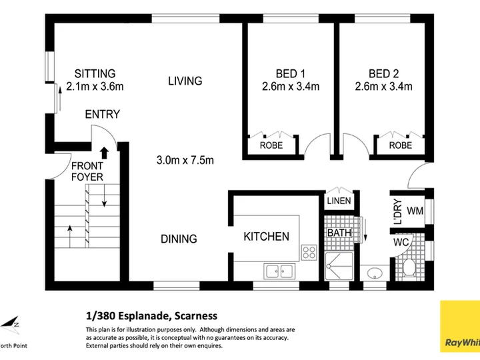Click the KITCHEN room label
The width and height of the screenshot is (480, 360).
[x=266, y=236]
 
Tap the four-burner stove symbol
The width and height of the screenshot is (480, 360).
[x=309, y=253]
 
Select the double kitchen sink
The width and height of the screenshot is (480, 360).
[x=279, y=271]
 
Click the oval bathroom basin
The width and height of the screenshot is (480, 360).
[x=375, y=273]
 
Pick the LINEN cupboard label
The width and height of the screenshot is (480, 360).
[x=339, y=201]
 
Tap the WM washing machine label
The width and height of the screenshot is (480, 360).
[x=415, y=211]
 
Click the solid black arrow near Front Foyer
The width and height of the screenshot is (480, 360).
[x=105, y=153]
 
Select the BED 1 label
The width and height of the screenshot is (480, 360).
[x=290, y=74]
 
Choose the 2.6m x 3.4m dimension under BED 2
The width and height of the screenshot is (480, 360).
[x=383, y=86]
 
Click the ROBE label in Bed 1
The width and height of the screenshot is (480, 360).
[x=271, y=145]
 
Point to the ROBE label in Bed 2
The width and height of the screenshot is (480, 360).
[x=401, y=145]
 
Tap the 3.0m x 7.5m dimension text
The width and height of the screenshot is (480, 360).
[x=185, y=160]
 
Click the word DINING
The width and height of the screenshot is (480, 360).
[x=179, y=239]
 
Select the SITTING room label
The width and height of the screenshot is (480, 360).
[x=95, y=74]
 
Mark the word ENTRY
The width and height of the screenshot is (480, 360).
[x=102, y=114]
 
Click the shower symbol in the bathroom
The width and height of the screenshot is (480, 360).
[x=339, y=266]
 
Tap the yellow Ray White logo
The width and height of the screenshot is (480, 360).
[x=460, y=326]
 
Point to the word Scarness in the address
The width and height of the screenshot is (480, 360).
[x=196, y=315]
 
